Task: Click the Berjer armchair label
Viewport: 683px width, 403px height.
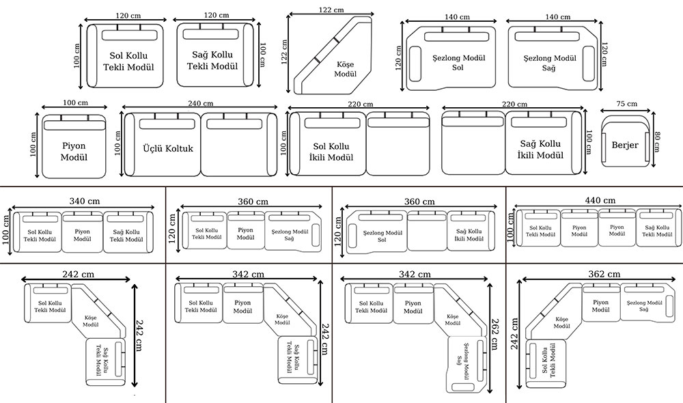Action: point(624,145)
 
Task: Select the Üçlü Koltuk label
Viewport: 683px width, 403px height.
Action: point(169,148)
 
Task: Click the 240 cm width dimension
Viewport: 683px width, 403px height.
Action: point(200,104)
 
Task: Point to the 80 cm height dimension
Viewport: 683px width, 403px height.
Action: point(657,143)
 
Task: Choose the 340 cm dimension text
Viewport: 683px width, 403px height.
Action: point(85,201)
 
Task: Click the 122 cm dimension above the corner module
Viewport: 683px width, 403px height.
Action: point(331,10)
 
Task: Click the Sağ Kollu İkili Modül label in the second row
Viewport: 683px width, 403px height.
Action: point(540,150)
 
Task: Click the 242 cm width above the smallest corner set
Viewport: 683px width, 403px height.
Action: point(78,274)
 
